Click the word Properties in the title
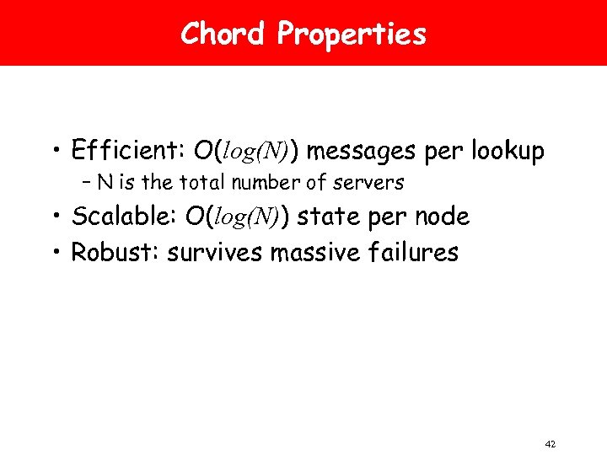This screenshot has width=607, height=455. (x=352, y=34)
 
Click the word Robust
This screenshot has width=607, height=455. (x=115, y=251)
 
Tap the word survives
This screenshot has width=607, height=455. (x=215, y=251)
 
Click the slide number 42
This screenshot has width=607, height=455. (x=551, y=444)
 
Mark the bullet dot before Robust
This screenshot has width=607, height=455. (x=61, y=252)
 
